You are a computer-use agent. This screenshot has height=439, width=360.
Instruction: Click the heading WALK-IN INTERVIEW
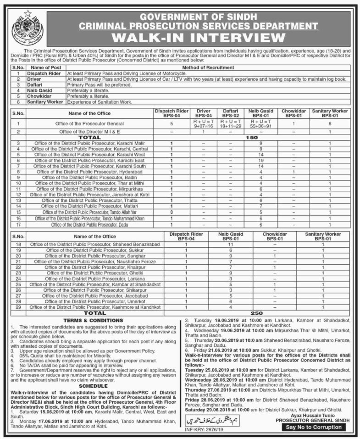click(196, 36)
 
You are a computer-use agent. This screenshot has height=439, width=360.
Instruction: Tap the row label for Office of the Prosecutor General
click(90, 123)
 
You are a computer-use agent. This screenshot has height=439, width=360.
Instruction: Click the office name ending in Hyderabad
click(90, 171)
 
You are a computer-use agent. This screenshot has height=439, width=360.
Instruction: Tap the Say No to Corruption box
click(314, 427)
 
